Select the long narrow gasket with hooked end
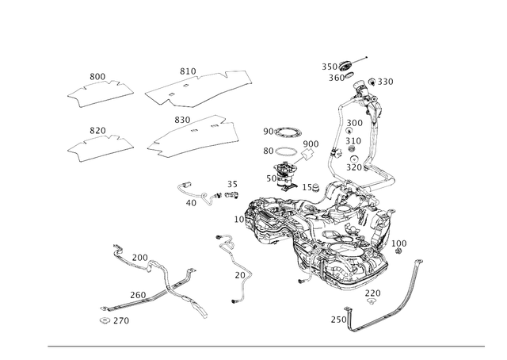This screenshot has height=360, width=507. (x=200, y=87)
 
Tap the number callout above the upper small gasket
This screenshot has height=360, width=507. (x=97, y=75)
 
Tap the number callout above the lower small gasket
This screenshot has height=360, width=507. (x=97, y=128)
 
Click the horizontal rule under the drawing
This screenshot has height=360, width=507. (x=265, y=346)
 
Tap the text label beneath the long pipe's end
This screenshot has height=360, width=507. (x=113, y=321)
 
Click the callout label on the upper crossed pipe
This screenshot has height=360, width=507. (x=139, y=258)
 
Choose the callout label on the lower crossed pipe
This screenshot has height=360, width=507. (x=137, y=294)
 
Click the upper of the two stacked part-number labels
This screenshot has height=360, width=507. (x=282, y=130)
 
